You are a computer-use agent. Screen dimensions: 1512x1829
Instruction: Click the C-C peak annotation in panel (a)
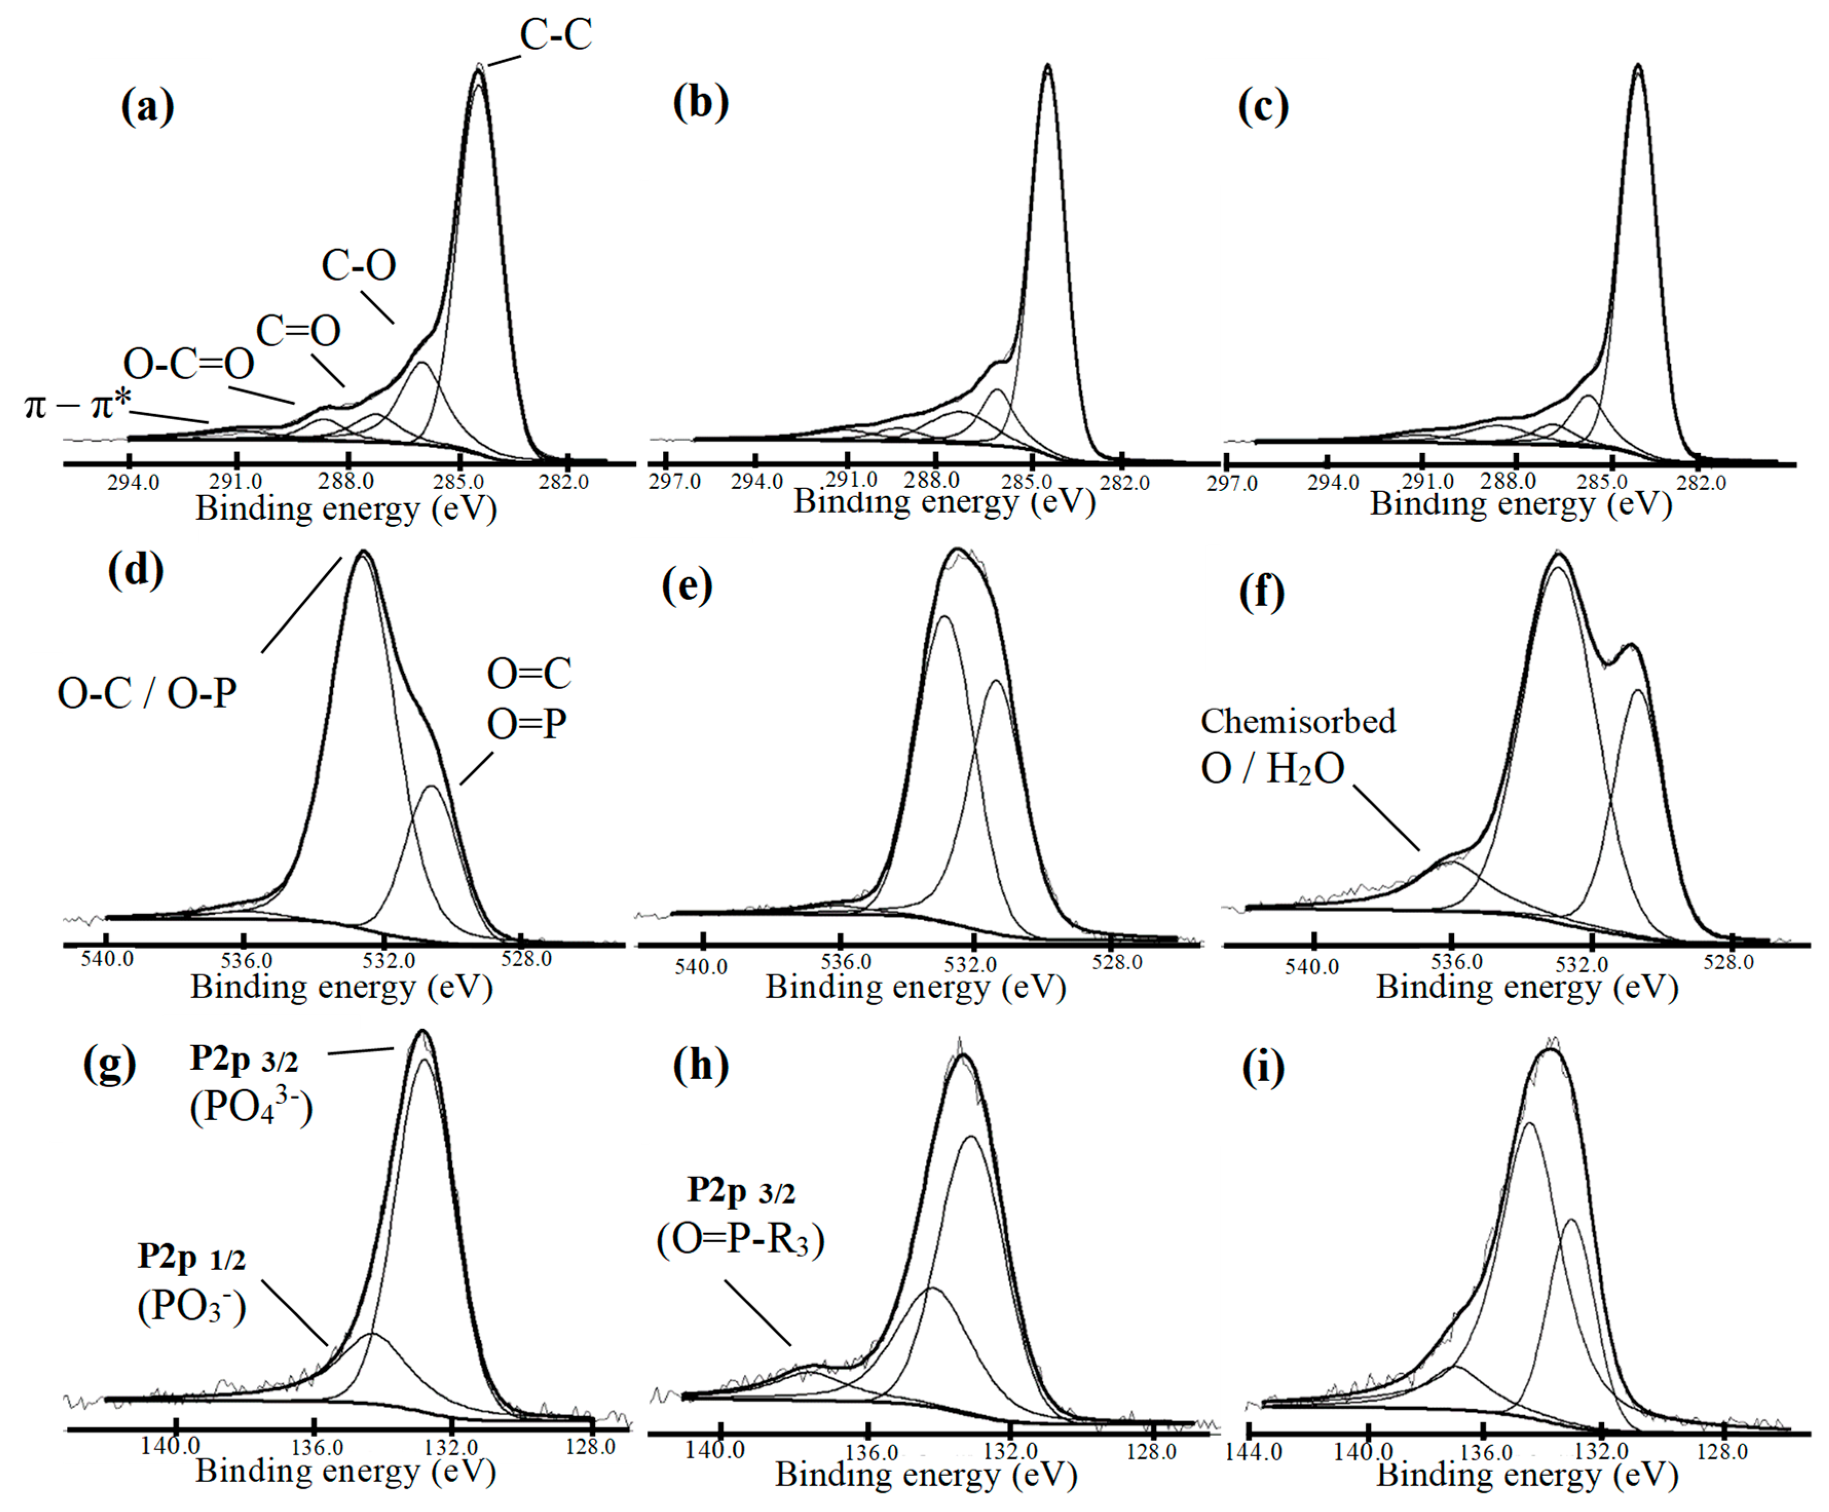point(556,35)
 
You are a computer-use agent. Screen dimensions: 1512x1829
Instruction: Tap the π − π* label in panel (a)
point(79,405)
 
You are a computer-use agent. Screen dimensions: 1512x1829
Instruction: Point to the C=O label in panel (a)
point(298,331)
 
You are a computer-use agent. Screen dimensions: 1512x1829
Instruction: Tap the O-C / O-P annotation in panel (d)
point(147,694)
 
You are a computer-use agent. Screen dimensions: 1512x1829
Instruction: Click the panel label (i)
point(1262,1068)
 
